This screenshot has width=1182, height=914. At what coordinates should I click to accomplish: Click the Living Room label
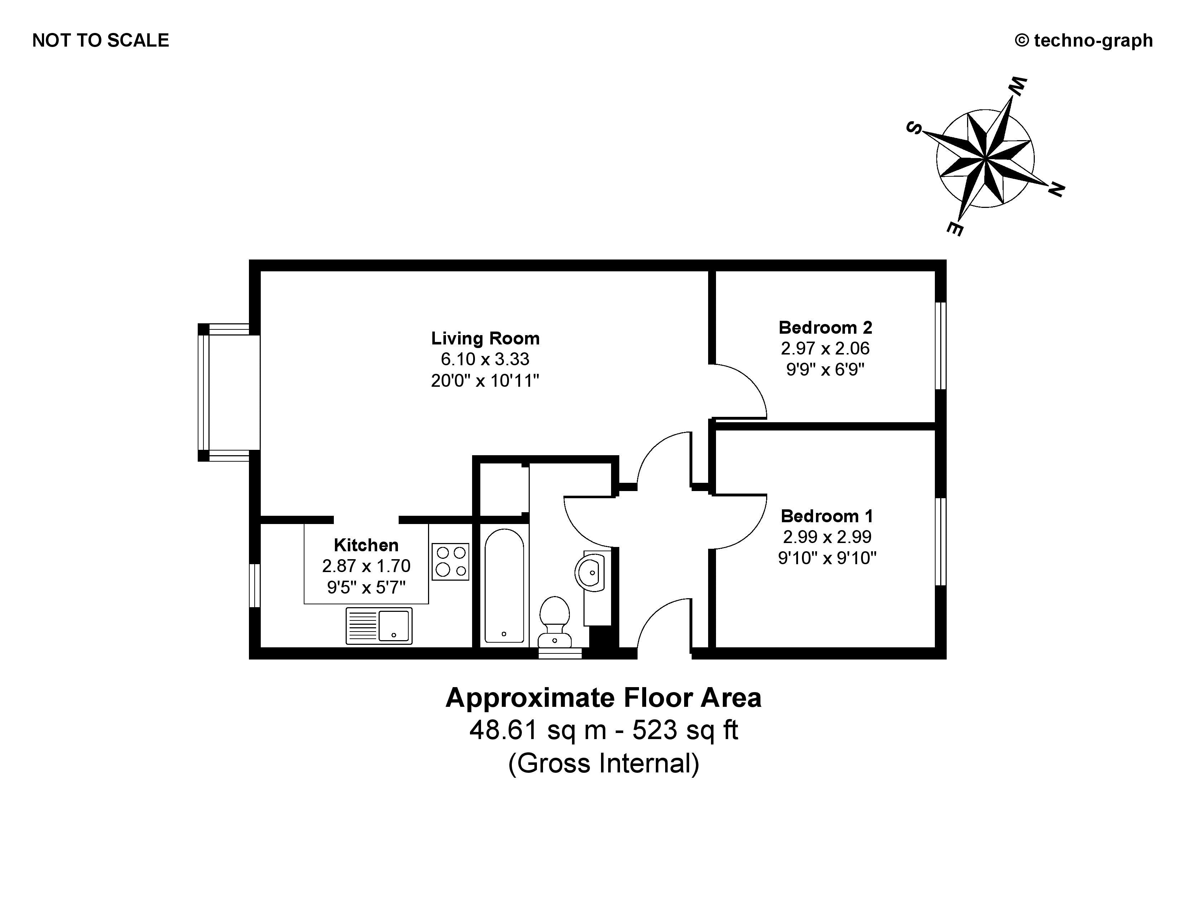point(485,338)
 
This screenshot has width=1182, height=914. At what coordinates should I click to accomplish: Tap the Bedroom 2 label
point(825,328)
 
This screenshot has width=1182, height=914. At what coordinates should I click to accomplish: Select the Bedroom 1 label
point(826,516)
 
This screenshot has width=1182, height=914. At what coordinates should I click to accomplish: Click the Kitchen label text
point(366,545)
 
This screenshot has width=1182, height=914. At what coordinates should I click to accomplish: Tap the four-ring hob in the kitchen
point(450,562)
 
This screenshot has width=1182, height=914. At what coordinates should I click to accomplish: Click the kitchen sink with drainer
point(379,626)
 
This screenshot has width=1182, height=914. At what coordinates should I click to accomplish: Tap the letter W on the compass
point(1017,87)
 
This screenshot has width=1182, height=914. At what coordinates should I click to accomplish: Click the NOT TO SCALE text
point(101,41)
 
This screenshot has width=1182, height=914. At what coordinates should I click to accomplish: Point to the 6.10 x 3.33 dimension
point(485,359)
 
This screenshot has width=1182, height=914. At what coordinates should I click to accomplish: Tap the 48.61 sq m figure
point(537,730)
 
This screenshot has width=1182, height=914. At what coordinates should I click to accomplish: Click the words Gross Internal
point(604,763)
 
